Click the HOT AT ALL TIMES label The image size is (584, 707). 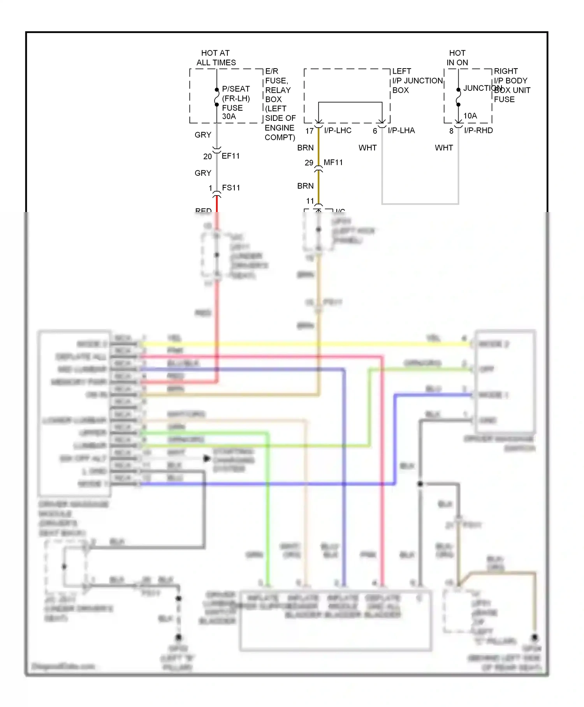pos(216,58)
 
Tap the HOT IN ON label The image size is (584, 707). pos(457,58)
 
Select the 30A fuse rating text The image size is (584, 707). pos(229,117)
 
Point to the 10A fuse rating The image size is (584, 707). pos(470,116)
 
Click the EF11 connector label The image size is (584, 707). pos(231,156)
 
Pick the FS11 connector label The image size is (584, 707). pos(231,188)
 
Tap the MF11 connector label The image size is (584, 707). pos(333,163)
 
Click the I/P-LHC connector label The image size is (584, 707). pos(338,131)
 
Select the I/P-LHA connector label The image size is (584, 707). pos(401,131)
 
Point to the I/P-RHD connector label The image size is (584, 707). pos(478,131)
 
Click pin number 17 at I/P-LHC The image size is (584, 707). pos(310,131)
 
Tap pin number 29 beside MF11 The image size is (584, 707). pos(309,163)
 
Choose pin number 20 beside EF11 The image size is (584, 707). pos(208,157)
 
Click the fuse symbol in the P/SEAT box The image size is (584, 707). pos(217,97)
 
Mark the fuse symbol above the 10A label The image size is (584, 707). pos(458,97)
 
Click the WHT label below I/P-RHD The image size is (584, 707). pos(444,148)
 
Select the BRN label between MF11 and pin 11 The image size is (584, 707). pos(305,186)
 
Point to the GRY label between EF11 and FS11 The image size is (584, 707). pos(203,173)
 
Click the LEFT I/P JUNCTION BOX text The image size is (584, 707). pos(417,81)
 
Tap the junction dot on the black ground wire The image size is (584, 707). pos(420,484)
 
